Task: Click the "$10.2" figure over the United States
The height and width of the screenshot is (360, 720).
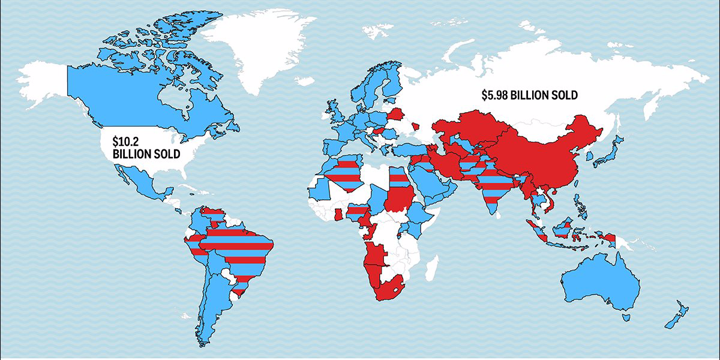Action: click(124, 142)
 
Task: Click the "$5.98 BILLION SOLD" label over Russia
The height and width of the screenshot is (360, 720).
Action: click(529, 95)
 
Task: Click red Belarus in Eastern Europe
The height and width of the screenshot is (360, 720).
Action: click(396, 114)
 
